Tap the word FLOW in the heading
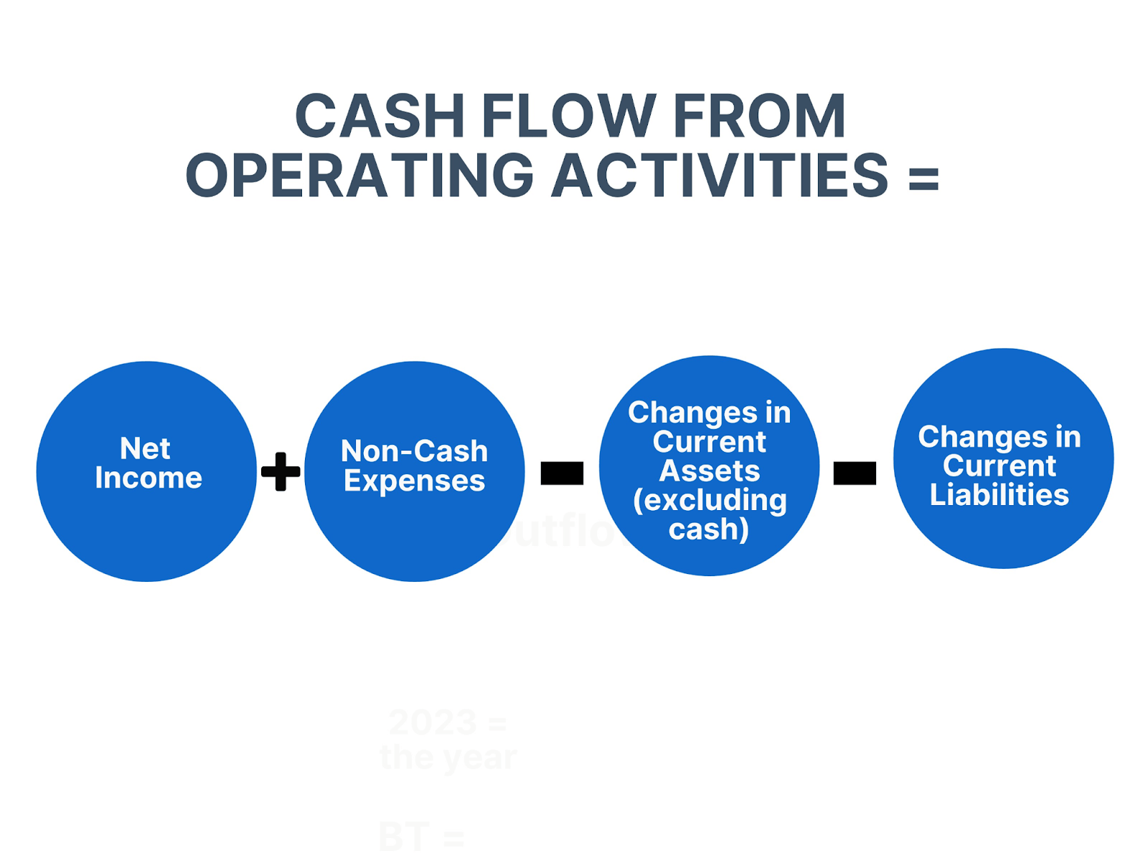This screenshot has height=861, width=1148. point(568,116)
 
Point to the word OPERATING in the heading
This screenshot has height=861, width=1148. point(360,176)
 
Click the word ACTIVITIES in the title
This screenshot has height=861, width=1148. point(720,176)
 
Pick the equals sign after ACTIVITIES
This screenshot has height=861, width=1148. point(923,177)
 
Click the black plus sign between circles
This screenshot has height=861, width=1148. point(281,471)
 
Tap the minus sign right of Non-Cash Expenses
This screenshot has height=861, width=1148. point(562,473)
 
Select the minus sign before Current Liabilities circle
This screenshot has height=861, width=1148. point(855,473)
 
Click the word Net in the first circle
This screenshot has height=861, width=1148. point(145,448)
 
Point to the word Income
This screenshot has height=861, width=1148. point(149,478)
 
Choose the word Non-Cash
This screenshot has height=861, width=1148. point(415,451)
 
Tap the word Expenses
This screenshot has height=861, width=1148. point(415,481)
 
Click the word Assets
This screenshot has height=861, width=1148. point(710,471)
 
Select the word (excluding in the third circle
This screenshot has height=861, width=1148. point(710,500)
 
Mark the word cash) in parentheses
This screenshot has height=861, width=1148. point(709,530)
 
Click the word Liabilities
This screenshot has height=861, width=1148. point(999,495)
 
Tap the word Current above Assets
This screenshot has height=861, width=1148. point(710,442)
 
